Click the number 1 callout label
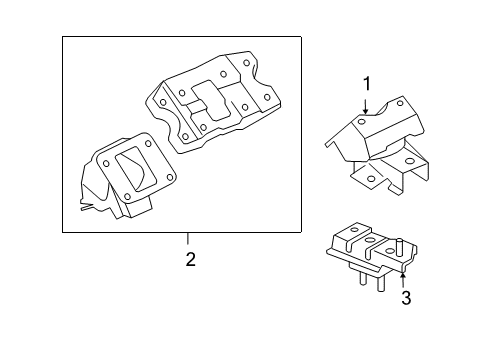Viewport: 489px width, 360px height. (366, 83)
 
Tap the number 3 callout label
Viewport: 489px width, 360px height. (405, 297)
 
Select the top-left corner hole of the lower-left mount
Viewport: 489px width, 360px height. (104, 154)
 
